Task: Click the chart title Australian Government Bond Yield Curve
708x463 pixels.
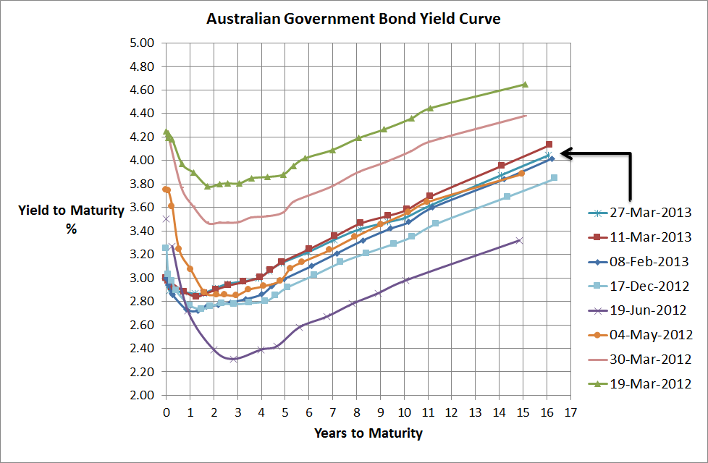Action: pyautogui.click(x=353, y=19)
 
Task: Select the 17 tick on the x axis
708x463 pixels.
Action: pyautogui.click(x=571, y=412)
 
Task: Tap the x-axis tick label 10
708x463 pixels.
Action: pyautogui.click(x=404, y=412)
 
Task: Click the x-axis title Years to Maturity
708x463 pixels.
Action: pyautogui.click(x=368, y=434)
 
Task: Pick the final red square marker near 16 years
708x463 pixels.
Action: pyautogui.click(x=549, y=145)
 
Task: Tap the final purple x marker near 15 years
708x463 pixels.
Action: pyautogui.click(x=518, y=240)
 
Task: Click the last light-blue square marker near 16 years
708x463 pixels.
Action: pyautogui.click(x=554, y=177)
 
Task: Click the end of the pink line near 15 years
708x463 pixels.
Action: pyautogui.click(x=526, y=116)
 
